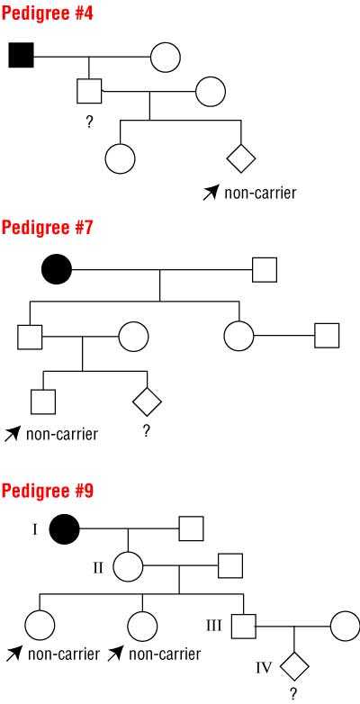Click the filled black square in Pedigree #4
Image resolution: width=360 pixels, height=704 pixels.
point(21,55)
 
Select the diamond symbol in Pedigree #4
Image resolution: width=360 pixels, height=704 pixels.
point(241,158)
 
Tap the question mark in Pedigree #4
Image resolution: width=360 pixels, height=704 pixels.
point(89,122)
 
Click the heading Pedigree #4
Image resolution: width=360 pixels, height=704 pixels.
point(48,14)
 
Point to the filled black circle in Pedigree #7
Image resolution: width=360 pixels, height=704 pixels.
point(57,269)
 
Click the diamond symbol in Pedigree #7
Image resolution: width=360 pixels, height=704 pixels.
point(148,402)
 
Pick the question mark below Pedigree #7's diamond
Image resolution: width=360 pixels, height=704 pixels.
point(147,431)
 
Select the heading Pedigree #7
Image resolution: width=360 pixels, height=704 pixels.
point(47,228)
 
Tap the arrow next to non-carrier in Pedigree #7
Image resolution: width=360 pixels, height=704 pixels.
point(13,434)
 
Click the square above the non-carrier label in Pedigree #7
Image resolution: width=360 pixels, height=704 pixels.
point(43,402)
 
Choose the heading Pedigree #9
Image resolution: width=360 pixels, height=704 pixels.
point(48,491)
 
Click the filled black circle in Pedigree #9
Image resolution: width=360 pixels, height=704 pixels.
point(65,528)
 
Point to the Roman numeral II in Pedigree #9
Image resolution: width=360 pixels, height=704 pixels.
point(98,567)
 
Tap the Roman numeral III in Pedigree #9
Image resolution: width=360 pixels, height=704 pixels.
point(213,626)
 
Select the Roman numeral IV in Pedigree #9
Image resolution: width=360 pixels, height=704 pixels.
point(264,668)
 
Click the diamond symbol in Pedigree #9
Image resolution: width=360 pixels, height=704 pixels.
point(294,666)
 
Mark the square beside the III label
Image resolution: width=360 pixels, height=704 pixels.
point(244,626)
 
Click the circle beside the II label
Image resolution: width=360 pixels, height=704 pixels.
point(128,566)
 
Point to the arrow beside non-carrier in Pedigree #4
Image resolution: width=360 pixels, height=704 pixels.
point(211,194)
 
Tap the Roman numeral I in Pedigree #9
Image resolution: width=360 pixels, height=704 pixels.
point(34,529)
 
